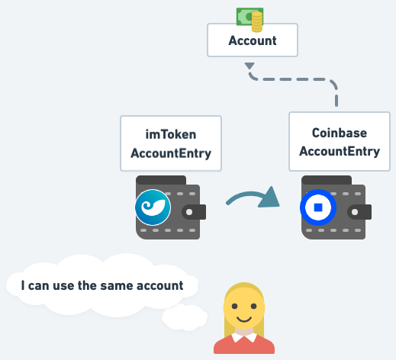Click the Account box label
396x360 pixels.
253,40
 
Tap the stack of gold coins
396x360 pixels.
257,22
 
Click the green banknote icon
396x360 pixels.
246,17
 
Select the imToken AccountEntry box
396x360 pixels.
171,143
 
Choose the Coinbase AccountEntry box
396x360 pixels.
340,141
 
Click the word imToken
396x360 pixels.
171,134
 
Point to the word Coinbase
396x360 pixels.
340,133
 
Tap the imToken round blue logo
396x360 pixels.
153,207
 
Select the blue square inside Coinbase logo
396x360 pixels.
318,207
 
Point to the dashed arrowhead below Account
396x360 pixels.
250,66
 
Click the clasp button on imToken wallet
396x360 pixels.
189,212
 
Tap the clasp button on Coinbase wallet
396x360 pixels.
355,212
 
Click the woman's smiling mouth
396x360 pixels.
244,319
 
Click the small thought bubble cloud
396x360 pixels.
185,317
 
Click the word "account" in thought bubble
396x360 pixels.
160,285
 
